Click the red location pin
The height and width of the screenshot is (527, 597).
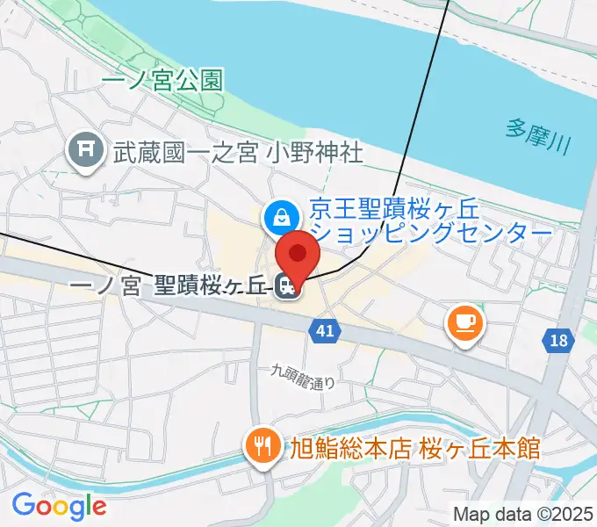click(298, 254)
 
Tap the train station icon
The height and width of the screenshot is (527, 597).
click(285, 286)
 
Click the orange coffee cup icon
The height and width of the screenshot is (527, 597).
click(464, 321)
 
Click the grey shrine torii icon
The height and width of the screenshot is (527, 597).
click(86, 151)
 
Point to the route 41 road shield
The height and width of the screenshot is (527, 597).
click(325, 330)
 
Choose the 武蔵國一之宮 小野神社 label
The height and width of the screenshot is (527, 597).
click(237, 152)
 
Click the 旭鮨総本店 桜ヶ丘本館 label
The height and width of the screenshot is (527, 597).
click(415, 449)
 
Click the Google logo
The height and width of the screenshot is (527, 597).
click(59, 505)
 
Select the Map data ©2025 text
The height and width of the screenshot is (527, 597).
click(524, 514)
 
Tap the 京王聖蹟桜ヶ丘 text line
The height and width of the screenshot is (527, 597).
click(406, 212)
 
